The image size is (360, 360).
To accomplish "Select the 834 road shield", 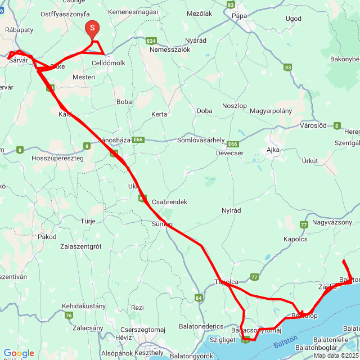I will coord(151,41).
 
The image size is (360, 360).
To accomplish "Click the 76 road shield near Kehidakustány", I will coord(69,316).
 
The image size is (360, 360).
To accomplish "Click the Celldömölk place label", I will coord(108,63).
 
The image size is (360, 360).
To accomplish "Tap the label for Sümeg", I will coord(161,224).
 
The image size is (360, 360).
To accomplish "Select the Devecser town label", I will coord(229,152).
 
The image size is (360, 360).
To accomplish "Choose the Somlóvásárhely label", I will coord(201,140).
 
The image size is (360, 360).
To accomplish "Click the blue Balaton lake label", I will coord(284,344).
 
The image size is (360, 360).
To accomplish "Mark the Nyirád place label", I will coord(231,210).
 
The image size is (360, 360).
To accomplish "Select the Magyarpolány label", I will coord(271,111).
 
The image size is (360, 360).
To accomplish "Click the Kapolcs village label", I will coord(295,239).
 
